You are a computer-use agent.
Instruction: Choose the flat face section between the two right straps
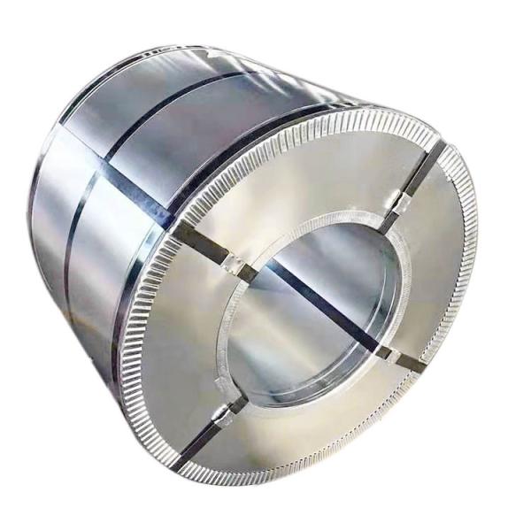(434, 274)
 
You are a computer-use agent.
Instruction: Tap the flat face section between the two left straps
(190, 336)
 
